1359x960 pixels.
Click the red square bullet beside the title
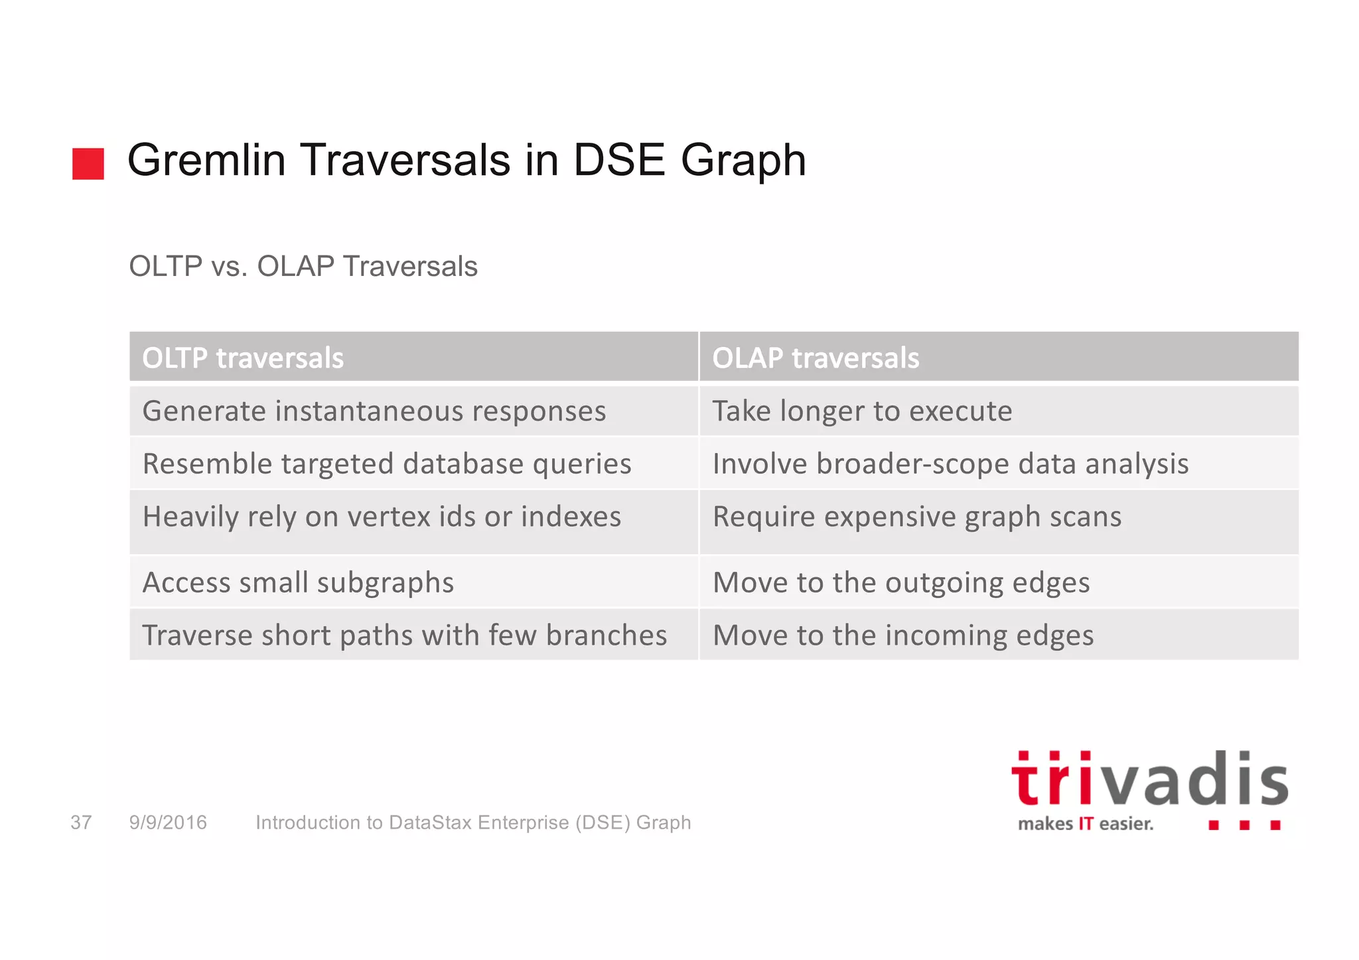point(88,164)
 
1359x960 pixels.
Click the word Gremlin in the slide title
point(206,161)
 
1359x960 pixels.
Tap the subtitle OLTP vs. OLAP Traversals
point(303,267)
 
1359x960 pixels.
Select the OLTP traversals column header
point(243,358)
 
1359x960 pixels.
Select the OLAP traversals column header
point(815,358)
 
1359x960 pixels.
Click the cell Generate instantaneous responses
point(374,411)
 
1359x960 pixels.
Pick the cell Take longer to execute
point(861,411)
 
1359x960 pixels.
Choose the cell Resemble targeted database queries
point(386,464)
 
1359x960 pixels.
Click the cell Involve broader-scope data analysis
point(950,464)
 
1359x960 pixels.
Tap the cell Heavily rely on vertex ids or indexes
point(382,517)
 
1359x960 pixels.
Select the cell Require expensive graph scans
point(916,517)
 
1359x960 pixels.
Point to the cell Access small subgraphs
point(298,583)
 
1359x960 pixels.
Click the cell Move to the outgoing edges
point(900,583)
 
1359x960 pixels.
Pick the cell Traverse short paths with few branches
point(404,636)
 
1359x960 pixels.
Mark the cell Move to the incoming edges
point(902,636)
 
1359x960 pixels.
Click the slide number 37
point(81,823)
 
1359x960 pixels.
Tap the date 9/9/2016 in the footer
point(168,823)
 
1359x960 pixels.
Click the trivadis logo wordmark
point(1149,780)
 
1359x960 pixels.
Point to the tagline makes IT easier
point(1085,824)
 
